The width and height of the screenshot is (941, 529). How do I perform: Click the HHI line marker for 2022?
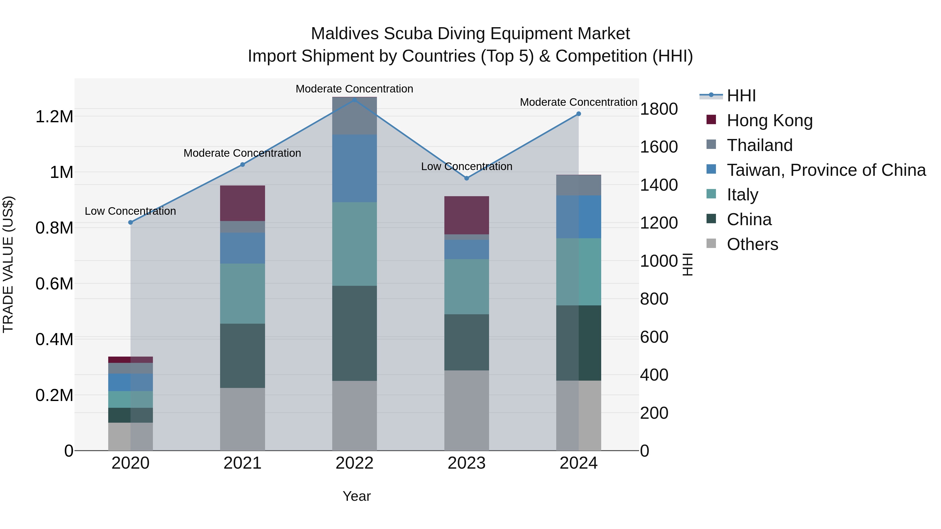354,100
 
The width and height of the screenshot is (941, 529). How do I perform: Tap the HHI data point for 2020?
130,222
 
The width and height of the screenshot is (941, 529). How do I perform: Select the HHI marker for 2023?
467,178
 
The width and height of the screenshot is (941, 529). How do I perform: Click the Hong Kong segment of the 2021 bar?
242,203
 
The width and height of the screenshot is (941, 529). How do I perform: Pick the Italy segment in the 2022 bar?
354,244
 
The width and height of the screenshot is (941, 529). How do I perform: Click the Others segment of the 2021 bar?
242,419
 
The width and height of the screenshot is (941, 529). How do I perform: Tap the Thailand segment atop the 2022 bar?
354,116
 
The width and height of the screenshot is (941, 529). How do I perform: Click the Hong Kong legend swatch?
711,120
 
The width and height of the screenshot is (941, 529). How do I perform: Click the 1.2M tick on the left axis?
54,117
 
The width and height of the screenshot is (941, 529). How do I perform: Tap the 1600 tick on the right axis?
659,147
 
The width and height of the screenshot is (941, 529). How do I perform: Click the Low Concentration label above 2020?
130,211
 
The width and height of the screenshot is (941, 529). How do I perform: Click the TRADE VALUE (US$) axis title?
8,264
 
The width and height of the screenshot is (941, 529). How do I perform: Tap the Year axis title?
357,496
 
